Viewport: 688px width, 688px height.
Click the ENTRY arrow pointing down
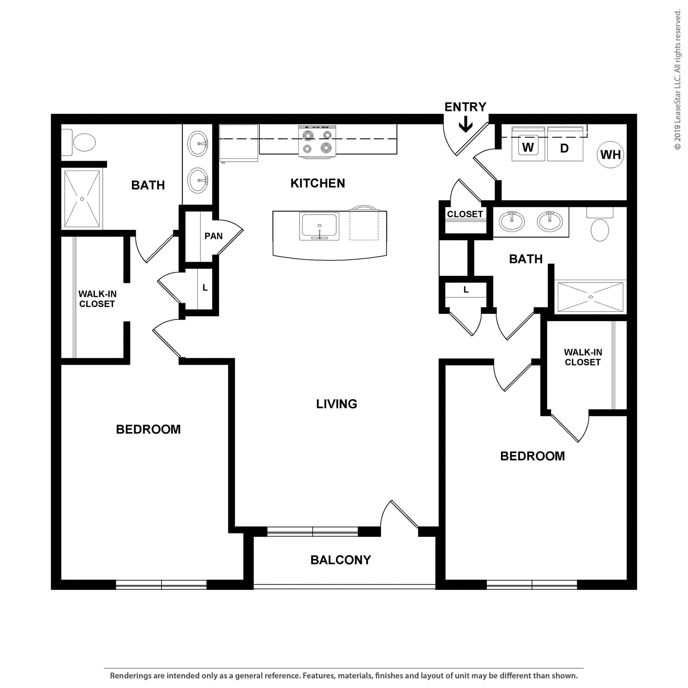coord(465,126)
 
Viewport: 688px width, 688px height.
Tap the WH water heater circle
coord(610,155)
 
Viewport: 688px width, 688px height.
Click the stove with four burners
coord(317,141)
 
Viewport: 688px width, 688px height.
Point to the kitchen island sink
coord(319,226)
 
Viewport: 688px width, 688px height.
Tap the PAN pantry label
coord(213,236)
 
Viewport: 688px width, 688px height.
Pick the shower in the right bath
coord(590,297)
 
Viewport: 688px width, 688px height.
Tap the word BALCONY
coord(340,560)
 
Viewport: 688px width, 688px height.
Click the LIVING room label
coord(337,404)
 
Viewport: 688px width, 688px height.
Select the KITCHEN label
coord(318,183)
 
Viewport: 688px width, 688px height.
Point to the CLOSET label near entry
coord(465,214)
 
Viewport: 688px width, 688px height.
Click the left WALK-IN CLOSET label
coord(97,299)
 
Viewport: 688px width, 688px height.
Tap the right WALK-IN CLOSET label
coord(583,357)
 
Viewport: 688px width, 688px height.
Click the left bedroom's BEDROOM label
coord(148,429)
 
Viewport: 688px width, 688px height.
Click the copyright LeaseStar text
coord(677,80)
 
